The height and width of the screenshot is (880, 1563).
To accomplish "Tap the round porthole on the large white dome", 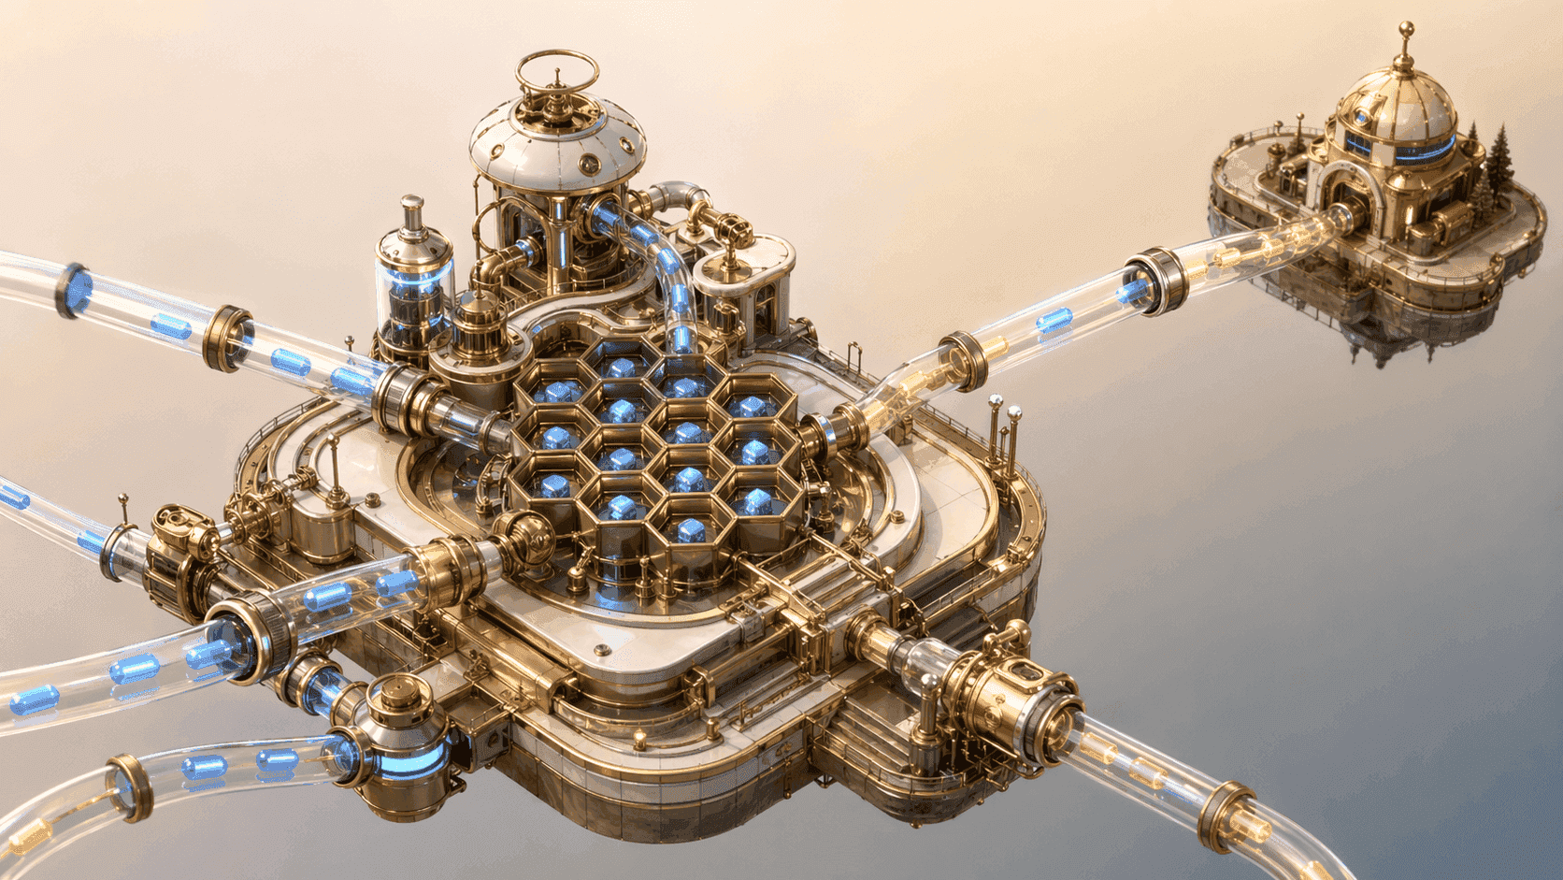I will [589, 166].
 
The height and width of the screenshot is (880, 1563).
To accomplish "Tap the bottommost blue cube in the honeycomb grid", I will [691, 531].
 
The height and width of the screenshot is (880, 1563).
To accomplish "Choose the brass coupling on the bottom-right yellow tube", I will [1223, 816].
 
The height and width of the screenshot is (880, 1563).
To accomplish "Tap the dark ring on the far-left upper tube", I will [73, 289].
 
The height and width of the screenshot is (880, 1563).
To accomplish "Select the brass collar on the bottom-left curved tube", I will [129, 786].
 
